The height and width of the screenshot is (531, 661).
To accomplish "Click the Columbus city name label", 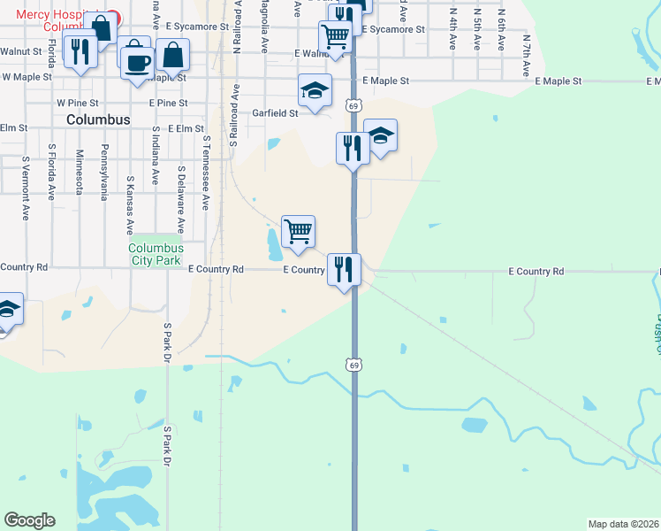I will coord(98,119).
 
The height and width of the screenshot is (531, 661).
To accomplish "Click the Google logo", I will coord(29,520).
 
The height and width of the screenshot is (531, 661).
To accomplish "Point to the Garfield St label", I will coord(275,113).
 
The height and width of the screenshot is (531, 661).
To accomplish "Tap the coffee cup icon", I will coord(137,63).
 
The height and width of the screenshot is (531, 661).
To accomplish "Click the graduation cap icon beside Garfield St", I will coord(314,91).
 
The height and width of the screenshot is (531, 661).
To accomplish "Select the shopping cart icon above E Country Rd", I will coord(299,232).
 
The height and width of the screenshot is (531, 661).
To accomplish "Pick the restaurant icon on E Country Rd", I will coord(344,268).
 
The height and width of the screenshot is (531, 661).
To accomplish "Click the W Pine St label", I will coord(74,103).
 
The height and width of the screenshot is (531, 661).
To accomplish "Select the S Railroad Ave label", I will coord(234,114).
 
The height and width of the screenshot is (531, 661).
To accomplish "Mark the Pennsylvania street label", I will coord(104,172).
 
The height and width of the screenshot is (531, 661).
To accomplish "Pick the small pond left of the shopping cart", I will coord(271,239).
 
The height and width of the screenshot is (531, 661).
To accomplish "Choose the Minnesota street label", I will coord(79,170).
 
